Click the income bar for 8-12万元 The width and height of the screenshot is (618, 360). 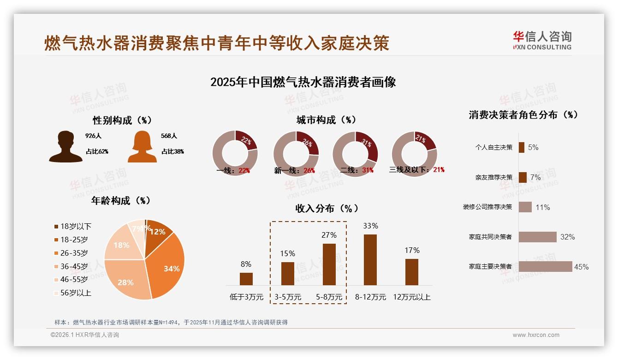click(370, 260)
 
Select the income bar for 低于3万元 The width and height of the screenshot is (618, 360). click(246, 279)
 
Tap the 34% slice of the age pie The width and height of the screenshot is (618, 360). click(169, 265)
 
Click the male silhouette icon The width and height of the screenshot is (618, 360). click(66, 147)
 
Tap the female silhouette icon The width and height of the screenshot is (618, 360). click(142, 147)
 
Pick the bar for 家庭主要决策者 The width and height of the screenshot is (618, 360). click(545, 266)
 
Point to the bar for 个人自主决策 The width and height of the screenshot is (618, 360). click(521, 147)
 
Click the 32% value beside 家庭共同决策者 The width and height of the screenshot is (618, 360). click(567, 237)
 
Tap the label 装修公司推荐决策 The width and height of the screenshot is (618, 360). click(487, 207)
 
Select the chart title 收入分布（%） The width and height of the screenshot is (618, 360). click(327, 208)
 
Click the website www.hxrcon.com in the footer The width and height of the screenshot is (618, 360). click(535, 335)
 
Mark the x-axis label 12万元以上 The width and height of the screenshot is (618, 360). click(411, 297)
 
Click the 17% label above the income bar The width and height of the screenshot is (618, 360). click(412, 250)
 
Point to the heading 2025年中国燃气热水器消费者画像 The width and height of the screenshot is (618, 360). click(303, 82)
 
